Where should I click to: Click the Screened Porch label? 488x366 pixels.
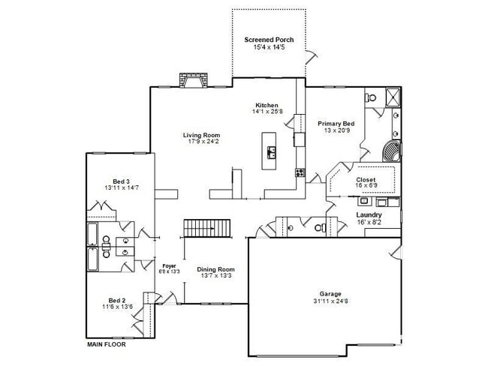tap(269, 40)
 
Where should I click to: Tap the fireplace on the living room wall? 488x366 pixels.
tap(193, 80)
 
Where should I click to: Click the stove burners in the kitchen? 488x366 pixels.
tap(300, 172)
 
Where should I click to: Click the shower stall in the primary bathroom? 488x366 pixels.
tap(393, 97)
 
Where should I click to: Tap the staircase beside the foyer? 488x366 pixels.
tap(207, 228)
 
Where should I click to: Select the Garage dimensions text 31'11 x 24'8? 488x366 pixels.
tap(330, 301)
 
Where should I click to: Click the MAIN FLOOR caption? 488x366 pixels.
tap(107, 344)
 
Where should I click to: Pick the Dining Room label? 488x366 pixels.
tap(215, 269)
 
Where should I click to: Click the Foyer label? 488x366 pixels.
tap(170, 265)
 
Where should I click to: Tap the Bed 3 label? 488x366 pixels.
tap(122, 181)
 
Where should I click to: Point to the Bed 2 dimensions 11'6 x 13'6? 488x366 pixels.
tap(118, 307)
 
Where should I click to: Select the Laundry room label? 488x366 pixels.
tap(369, 214)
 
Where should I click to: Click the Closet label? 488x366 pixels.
tap(366, 180)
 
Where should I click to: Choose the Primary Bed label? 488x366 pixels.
tap(336, 124)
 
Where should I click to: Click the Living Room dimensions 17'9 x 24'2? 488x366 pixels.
tap(201, 142)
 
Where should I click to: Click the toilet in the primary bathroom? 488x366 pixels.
tap(371, 97)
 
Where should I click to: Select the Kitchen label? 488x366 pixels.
tap(267, 105)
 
